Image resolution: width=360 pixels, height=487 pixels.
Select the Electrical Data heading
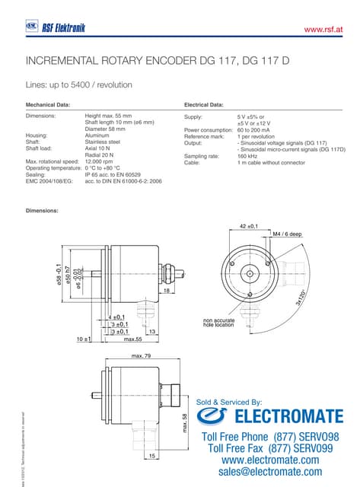(204, 103)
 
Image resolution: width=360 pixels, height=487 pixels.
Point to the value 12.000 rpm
(99, 162)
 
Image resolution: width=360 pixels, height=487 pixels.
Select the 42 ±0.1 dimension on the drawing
(249, 227)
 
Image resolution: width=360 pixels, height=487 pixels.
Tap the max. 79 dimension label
(141, 356)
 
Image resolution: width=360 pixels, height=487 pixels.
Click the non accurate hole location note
(219, 322)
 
